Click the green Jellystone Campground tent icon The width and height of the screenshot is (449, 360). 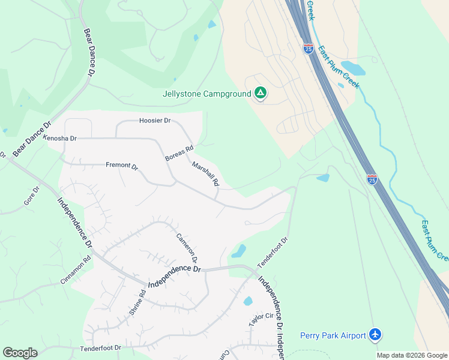[x=260, y=93]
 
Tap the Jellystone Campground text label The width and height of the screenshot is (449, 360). [x=206, y=94]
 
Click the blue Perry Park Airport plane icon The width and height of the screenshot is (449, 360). [x=375, y=334]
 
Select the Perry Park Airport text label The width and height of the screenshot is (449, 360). [x=333, y=335]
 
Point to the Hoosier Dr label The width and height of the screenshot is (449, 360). [x=155, y=121]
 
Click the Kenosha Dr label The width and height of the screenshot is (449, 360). [x=60, y=138]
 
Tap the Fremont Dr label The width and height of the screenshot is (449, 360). [x=122, y=166]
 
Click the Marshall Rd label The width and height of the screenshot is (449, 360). [x=205, y=173]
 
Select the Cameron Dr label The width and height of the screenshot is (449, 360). [x=186, y=248]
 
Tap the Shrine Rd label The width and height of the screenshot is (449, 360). [x=137, y=303]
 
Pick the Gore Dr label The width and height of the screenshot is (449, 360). [x=31, y=196]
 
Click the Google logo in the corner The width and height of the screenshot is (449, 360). [x=20, y=353]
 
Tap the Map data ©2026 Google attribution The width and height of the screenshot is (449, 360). [x=412, y=355]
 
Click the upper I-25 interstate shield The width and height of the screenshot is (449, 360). [x=308, y=49]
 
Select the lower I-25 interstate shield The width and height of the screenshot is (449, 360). [x=372, y=179]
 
